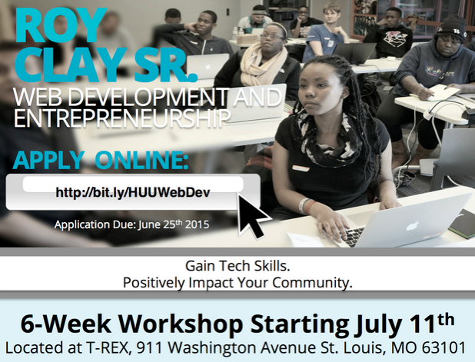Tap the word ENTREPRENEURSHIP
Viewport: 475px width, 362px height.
pyautogui.click(x=121, y=118)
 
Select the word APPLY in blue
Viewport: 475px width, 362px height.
pyautogui.click(x=48, y=160)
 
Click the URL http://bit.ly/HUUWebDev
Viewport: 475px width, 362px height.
pyautogui.click(x=133, y=192)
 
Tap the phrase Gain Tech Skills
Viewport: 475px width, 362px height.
pyautogui.click(x=237, y=266)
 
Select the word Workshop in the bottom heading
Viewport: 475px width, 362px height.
pyautogui.click(x=181, y=324)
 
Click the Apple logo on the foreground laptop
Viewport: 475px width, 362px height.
pyautogui.click(x=413, y=225)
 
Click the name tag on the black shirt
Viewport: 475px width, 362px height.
pyautogui.click(x=301, y=168)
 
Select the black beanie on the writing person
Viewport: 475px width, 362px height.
pyautogui.click(x=451, y=28)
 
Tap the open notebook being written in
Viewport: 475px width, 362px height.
pyautogui.click(x=435, y=93)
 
